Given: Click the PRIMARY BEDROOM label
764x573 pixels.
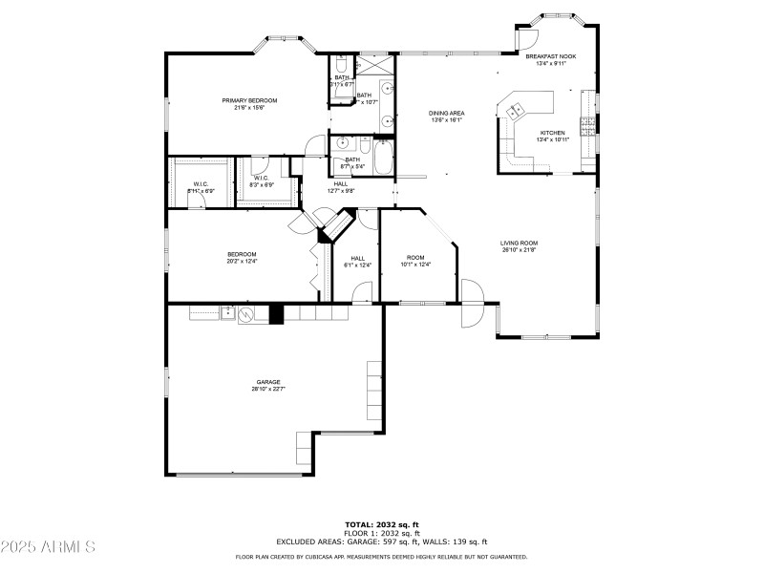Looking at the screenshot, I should point(249,101).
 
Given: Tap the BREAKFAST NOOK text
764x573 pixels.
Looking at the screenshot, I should point(550,57).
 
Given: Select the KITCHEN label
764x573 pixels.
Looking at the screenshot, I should point(552,133).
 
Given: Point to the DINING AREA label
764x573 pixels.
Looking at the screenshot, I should point(446,114).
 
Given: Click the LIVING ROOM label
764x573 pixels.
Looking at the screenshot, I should point(519,243).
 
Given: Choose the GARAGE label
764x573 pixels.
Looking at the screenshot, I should point(267,382).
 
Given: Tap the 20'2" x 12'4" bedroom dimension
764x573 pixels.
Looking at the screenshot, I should point(242,261).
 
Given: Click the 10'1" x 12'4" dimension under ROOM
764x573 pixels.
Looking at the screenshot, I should point(415,265).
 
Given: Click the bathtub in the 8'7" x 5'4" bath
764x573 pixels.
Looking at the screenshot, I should point(383,159).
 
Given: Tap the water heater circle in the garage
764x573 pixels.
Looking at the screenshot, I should point(246,314).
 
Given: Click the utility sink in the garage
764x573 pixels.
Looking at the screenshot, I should point(228,311).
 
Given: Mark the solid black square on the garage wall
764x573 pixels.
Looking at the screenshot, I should point(277,314).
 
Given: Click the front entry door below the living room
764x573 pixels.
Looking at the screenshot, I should point(471,315).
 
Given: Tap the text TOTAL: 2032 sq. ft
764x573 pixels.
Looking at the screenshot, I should point(382,524).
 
